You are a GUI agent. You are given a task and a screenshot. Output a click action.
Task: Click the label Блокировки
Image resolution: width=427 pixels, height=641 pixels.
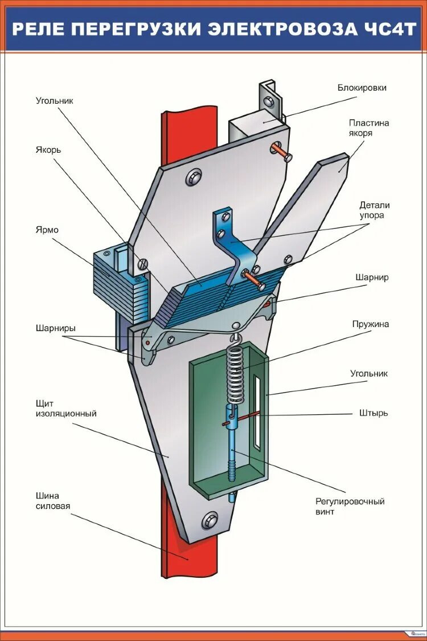click(362, 88)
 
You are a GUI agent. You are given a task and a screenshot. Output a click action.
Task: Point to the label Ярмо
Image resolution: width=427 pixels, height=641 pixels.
click(47, 230)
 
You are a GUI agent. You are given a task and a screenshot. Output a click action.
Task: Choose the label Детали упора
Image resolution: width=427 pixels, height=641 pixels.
click(375, 210)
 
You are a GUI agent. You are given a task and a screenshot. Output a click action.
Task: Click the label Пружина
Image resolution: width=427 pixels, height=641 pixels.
click(370, 324)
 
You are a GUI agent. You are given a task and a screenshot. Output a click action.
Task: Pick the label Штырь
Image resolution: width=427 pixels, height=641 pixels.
click(373, 413)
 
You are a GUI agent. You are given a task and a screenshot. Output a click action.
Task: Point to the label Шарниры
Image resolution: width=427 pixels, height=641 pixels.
click(55, 328)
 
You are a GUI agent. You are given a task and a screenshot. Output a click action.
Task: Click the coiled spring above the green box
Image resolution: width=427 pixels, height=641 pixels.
click(235, 373)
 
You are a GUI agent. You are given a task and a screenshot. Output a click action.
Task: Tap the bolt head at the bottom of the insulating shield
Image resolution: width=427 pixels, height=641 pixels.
click(210, 520)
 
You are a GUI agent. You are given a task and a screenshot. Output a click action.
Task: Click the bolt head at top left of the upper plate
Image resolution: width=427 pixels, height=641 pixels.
click(193, 177)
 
